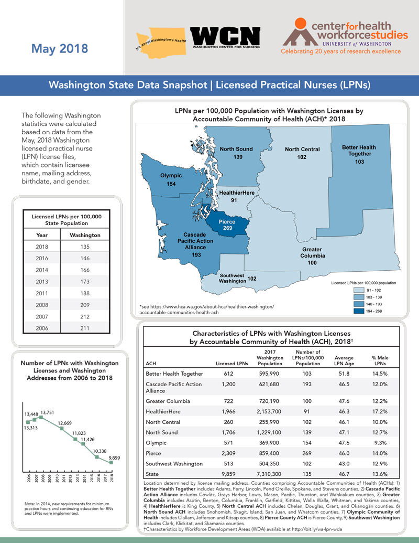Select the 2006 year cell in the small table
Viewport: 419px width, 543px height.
41,329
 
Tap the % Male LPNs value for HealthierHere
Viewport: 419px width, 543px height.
380,411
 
